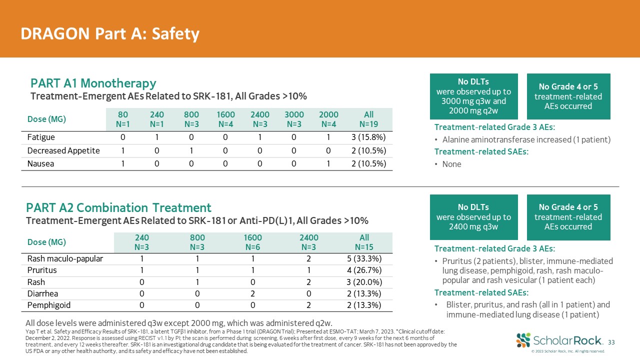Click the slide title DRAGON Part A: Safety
pos(110,33)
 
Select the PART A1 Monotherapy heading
pos(93,83)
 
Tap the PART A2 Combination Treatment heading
pos(119,207)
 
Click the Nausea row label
pos(40,163)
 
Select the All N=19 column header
pos(368,119)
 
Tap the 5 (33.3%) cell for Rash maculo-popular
pos(364,258)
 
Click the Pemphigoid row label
pos(49,305)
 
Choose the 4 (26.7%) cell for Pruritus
pos(364,270)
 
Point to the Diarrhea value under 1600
pos(253,293)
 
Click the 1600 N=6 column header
pos(253,242)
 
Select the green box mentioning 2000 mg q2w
pos(473,96)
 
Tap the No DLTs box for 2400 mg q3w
pos(473,217)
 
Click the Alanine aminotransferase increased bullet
pos(526,139)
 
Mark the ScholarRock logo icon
pos(523,340)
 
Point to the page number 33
pos(610,342)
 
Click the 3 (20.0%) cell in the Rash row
pos(364,282)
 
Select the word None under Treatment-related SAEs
pos(451,164)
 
